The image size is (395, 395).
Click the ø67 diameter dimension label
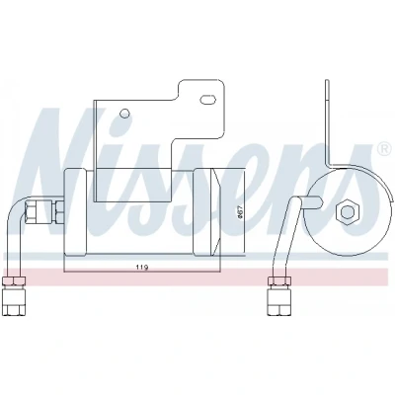240,210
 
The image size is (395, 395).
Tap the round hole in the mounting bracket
124,114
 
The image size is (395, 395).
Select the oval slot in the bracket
208,99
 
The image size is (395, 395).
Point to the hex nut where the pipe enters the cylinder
59,210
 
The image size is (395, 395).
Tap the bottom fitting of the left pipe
14,299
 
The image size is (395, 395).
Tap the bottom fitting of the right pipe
278,300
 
